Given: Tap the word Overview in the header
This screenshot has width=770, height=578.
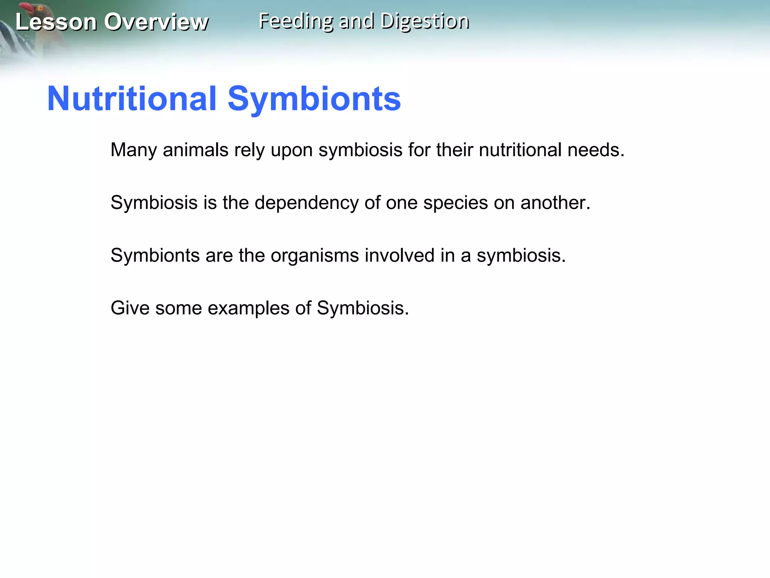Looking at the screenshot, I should [156, 22].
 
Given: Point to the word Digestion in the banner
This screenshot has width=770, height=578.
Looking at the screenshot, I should [425, 21].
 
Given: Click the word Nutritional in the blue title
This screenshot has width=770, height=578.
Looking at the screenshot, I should [132, 99].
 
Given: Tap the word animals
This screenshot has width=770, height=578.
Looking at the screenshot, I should [196, 150].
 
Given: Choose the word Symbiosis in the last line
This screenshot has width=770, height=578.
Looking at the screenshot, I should [362, 308].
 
